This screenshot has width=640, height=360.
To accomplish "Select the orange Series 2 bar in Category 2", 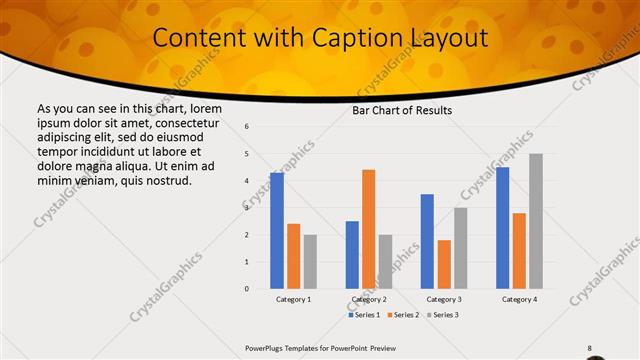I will pyautogui.click(x=368, y=229).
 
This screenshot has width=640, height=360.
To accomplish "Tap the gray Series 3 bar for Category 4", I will pyautogui.click(x=536, y=221).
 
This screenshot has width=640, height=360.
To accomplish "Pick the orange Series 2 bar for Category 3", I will pyautogui.click(x=444, y=264).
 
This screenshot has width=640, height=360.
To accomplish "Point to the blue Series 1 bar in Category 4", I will pyautogui.click(x=502, y=228).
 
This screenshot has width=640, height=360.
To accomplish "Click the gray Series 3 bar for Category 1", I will pyautogui.click(x=310, y=261).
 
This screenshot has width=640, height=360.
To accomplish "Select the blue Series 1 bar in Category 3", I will pyautogui.click(x=427, y=241).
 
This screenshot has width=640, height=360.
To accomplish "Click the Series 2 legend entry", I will pyautogui.click(x=402, y=315).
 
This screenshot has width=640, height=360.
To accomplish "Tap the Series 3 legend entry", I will pyautogui.click(x=442, y=315).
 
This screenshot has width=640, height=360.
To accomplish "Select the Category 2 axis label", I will pyautogui.click(x=369, y=299).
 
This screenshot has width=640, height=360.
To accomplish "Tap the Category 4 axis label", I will pyautogui.click(x=519, y=299).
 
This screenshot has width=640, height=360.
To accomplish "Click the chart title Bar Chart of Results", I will pyautogui.click(x=403, y=110).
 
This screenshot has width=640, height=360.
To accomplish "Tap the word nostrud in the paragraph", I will pyautogui.click(x=164, y=180).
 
